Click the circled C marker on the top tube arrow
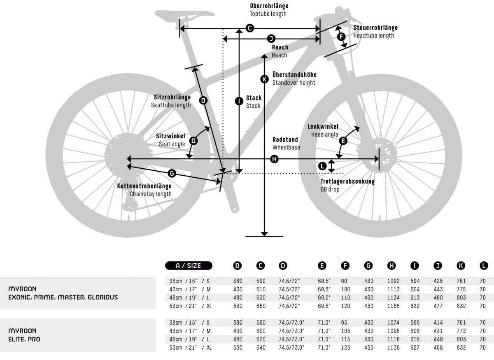pyautogui.click(x=249, y=28)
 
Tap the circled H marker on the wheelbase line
pyautogui.click(x=274, y=159)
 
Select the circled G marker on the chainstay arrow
pyautogui.click(x=172, y=173)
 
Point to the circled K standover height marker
pyautogui.click(x=264, y=79)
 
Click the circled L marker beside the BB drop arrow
pyautogui.click(x=322, y=166)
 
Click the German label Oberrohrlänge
pyautogui.click(x=269, y=6)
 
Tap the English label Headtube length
pyautogui.click(x=374, y=36)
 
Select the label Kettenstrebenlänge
pyautogui.click(x=144, y=186)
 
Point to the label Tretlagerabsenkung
pyautogui.click(x=347, y=181)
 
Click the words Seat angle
pyautogui.click(x=172, y=144)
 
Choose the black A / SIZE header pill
pyautogui.click(x=189, y=266)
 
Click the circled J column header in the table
pyautogui.click(x=438, y=266)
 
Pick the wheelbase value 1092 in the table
pyautogui.click(x=394, y=281)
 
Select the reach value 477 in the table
pyautogui.click(x=438, y=306)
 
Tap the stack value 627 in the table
pyautogui.click(x=415, y=348)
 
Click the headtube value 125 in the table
pyautogui.click(x=345, y=348)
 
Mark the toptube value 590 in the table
pyautogui.click(x=261, y=281)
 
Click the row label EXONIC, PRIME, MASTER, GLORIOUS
pyautogui.click(x=63, y=297)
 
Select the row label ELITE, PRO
pyautogui.click(x=24, y=339)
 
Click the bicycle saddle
pyautogui.click(x=184, y=14)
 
